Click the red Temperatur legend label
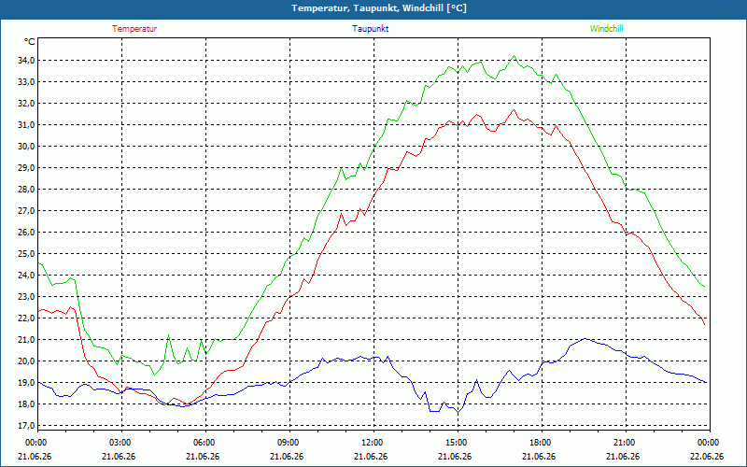click(x=134, y=29)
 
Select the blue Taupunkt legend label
click(x=370, y=29)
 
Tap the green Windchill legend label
click(x=606, y=29)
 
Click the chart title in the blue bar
click(x=379, y=8)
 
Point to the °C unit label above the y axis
click(x=30, y=42)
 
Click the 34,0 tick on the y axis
click(x=26, y=61)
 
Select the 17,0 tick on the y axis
click(x=26, y=426)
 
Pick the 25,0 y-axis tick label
click(x=26, y=253)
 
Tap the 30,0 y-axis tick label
click(x=26, y=147)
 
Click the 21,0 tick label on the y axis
click(x=26, y=340)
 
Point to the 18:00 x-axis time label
click(x=542, y=443)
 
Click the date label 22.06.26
click(x=707, y=456)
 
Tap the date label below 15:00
click(x=455, y=456)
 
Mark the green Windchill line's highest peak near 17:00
click(x=514, y=56)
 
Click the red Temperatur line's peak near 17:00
click(x=514, y=109)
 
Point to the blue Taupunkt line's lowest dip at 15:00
click(x=458, y=413)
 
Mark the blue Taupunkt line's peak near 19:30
click(x=585, y=338)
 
